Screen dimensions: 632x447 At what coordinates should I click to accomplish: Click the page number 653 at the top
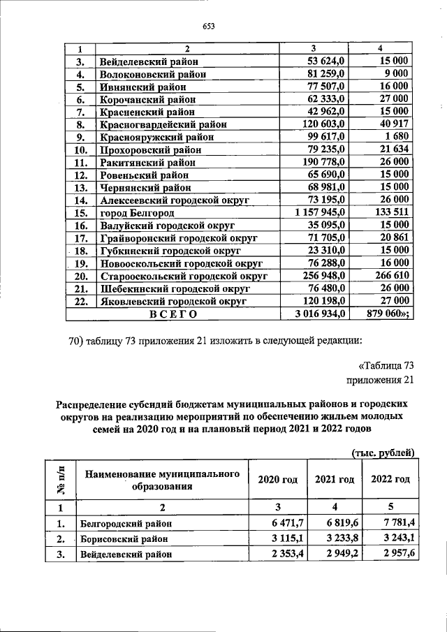pos(207,27)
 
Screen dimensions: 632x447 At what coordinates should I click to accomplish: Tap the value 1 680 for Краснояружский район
pos(396,137)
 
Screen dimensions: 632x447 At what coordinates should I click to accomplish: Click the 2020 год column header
pos(278,480)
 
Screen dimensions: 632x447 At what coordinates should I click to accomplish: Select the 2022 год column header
pos(389,480)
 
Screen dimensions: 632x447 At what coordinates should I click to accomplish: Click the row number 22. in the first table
pos(81,301)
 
